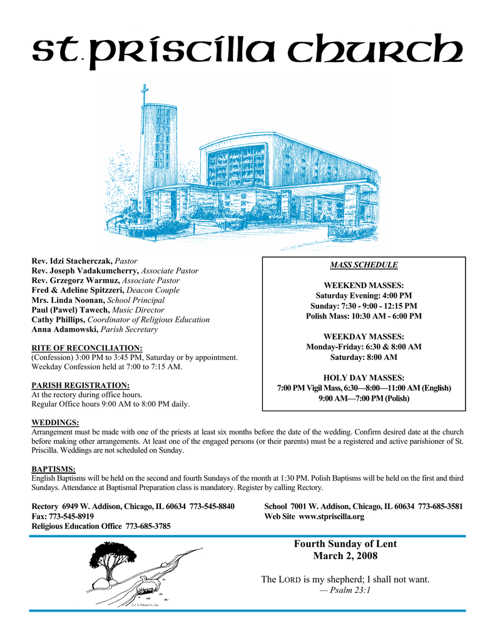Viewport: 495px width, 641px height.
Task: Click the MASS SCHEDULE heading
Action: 364,265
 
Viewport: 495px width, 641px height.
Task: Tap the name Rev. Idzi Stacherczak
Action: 72,260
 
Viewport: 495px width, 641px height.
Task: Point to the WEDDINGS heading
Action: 55,423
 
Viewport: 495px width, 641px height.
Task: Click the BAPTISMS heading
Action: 53,469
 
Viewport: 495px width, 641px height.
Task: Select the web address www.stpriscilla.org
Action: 331,516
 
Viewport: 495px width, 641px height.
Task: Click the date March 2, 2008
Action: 345,556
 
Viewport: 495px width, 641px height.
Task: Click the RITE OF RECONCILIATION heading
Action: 87,347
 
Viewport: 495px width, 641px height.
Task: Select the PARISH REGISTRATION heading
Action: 80,385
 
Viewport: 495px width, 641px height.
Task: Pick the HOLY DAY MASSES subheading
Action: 364,377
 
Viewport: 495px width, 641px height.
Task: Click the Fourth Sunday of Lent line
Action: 345,544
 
